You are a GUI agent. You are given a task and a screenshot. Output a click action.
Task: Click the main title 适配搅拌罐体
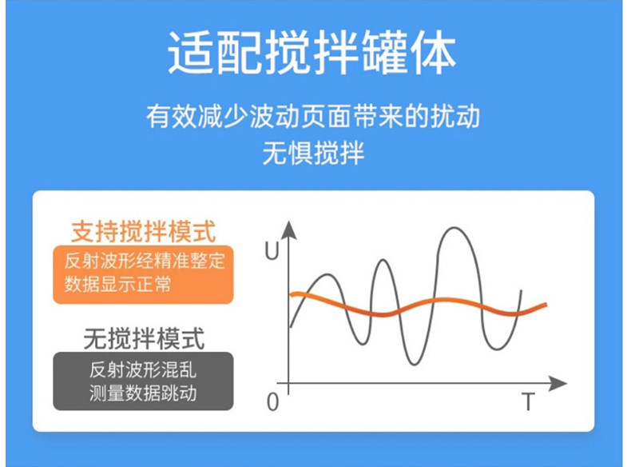pyautogui.click(x=312, y=53)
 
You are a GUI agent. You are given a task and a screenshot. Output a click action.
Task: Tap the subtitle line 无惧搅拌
pyautogui.click(x=313, y=153)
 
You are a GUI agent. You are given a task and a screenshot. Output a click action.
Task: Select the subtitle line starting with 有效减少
pyautogui.click(x=312, y=116)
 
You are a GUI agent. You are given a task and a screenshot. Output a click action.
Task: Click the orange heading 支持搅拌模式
pyautogui.click(x=144, y=232)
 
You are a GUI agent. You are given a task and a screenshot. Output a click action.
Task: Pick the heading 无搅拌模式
pyautogui.click(x=144, y=338)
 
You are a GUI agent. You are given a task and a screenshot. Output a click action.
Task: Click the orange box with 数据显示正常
pyautogui.click(x=143, y=274)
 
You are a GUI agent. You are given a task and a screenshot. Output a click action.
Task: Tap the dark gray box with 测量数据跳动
pyautogui.click(x=143, y=381)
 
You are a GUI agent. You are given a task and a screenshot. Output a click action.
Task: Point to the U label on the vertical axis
pyautogui.click(x=272, y=250)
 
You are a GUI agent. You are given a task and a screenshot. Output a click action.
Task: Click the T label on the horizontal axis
pyautogui.click(x=529, y=401)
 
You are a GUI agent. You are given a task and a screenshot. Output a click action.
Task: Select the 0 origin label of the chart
pyautogui.click(x=272, y=401)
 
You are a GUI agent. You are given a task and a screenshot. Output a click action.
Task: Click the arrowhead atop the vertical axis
pyautogui.click(x=288, y=230)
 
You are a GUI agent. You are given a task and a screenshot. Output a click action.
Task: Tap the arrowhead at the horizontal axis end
pyautogui.click(x=558, y=383)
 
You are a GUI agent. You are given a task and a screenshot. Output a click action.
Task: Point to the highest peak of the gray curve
pyautogui.click(x=454, y=228)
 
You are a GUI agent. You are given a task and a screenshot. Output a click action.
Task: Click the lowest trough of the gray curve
pyautogui.click(x=414, y=365)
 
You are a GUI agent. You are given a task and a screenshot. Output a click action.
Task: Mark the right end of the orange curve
pyautogui.click(x=546, y=305)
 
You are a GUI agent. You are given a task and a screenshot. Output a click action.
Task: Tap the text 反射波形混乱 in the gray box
pyautogui.click(x=143, y=369)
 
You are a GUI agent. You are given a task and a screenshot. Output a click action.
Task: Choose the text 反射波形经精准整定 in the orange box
pyautogui.click(x=145, y=261)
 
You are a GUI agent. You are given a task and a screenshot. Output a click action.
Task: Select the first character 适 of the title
pyautogui.click(x=190, y=53)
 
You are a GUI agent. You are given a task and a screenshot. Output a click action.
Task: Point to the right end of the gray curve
pyautogui.click(x=522, y=290)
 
